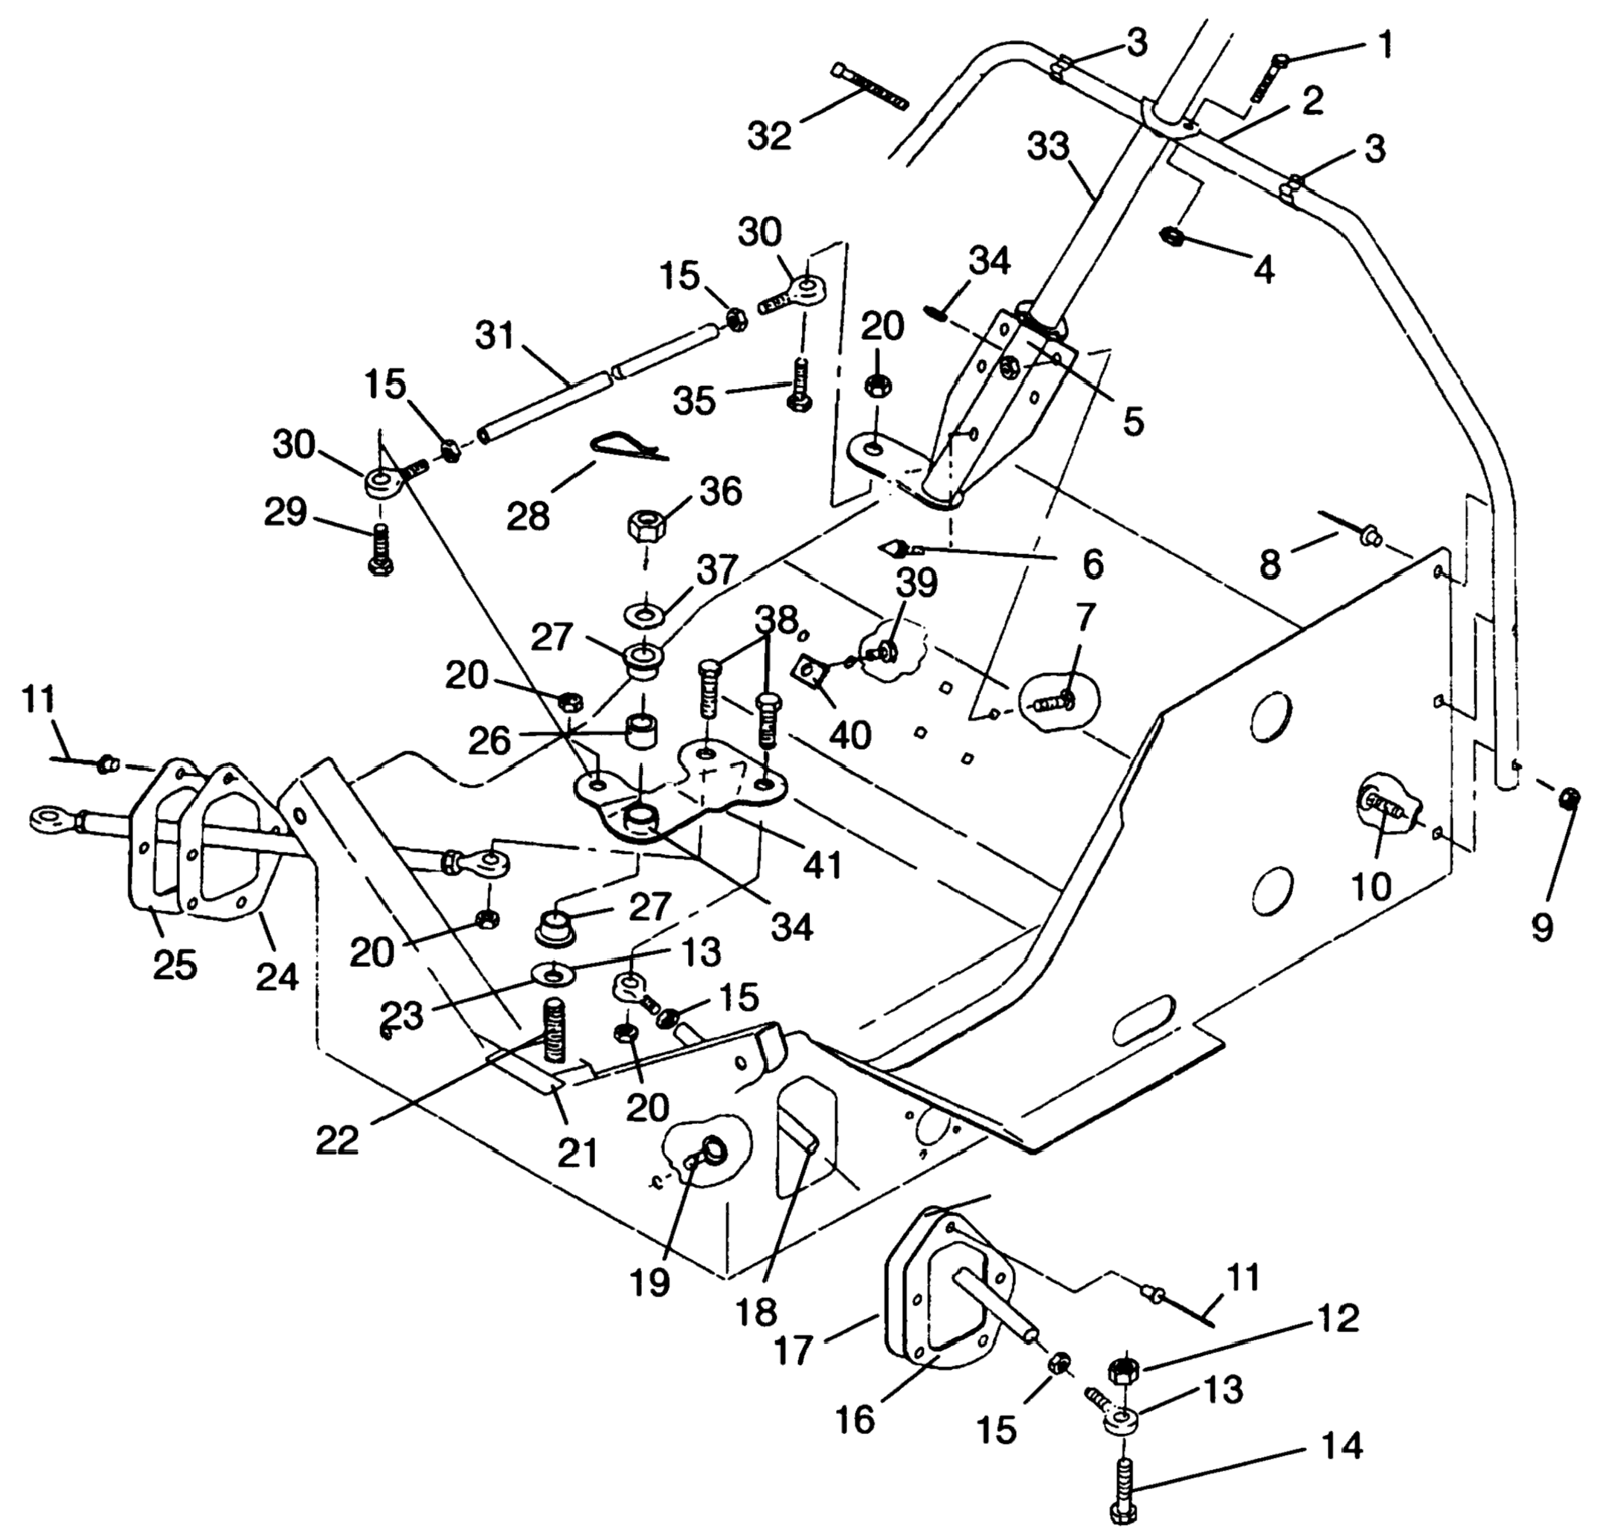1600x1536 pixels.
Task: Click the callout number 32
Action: pos(770,135)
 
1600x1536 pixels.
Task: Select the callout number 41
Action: pos(822,864)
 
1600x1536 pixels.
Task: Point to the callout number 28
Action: pos(528,515)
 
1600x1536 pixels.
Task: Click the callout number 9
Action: pos(1541,926)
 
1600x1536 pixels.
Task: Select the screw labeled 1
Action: pos(1267,78)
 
